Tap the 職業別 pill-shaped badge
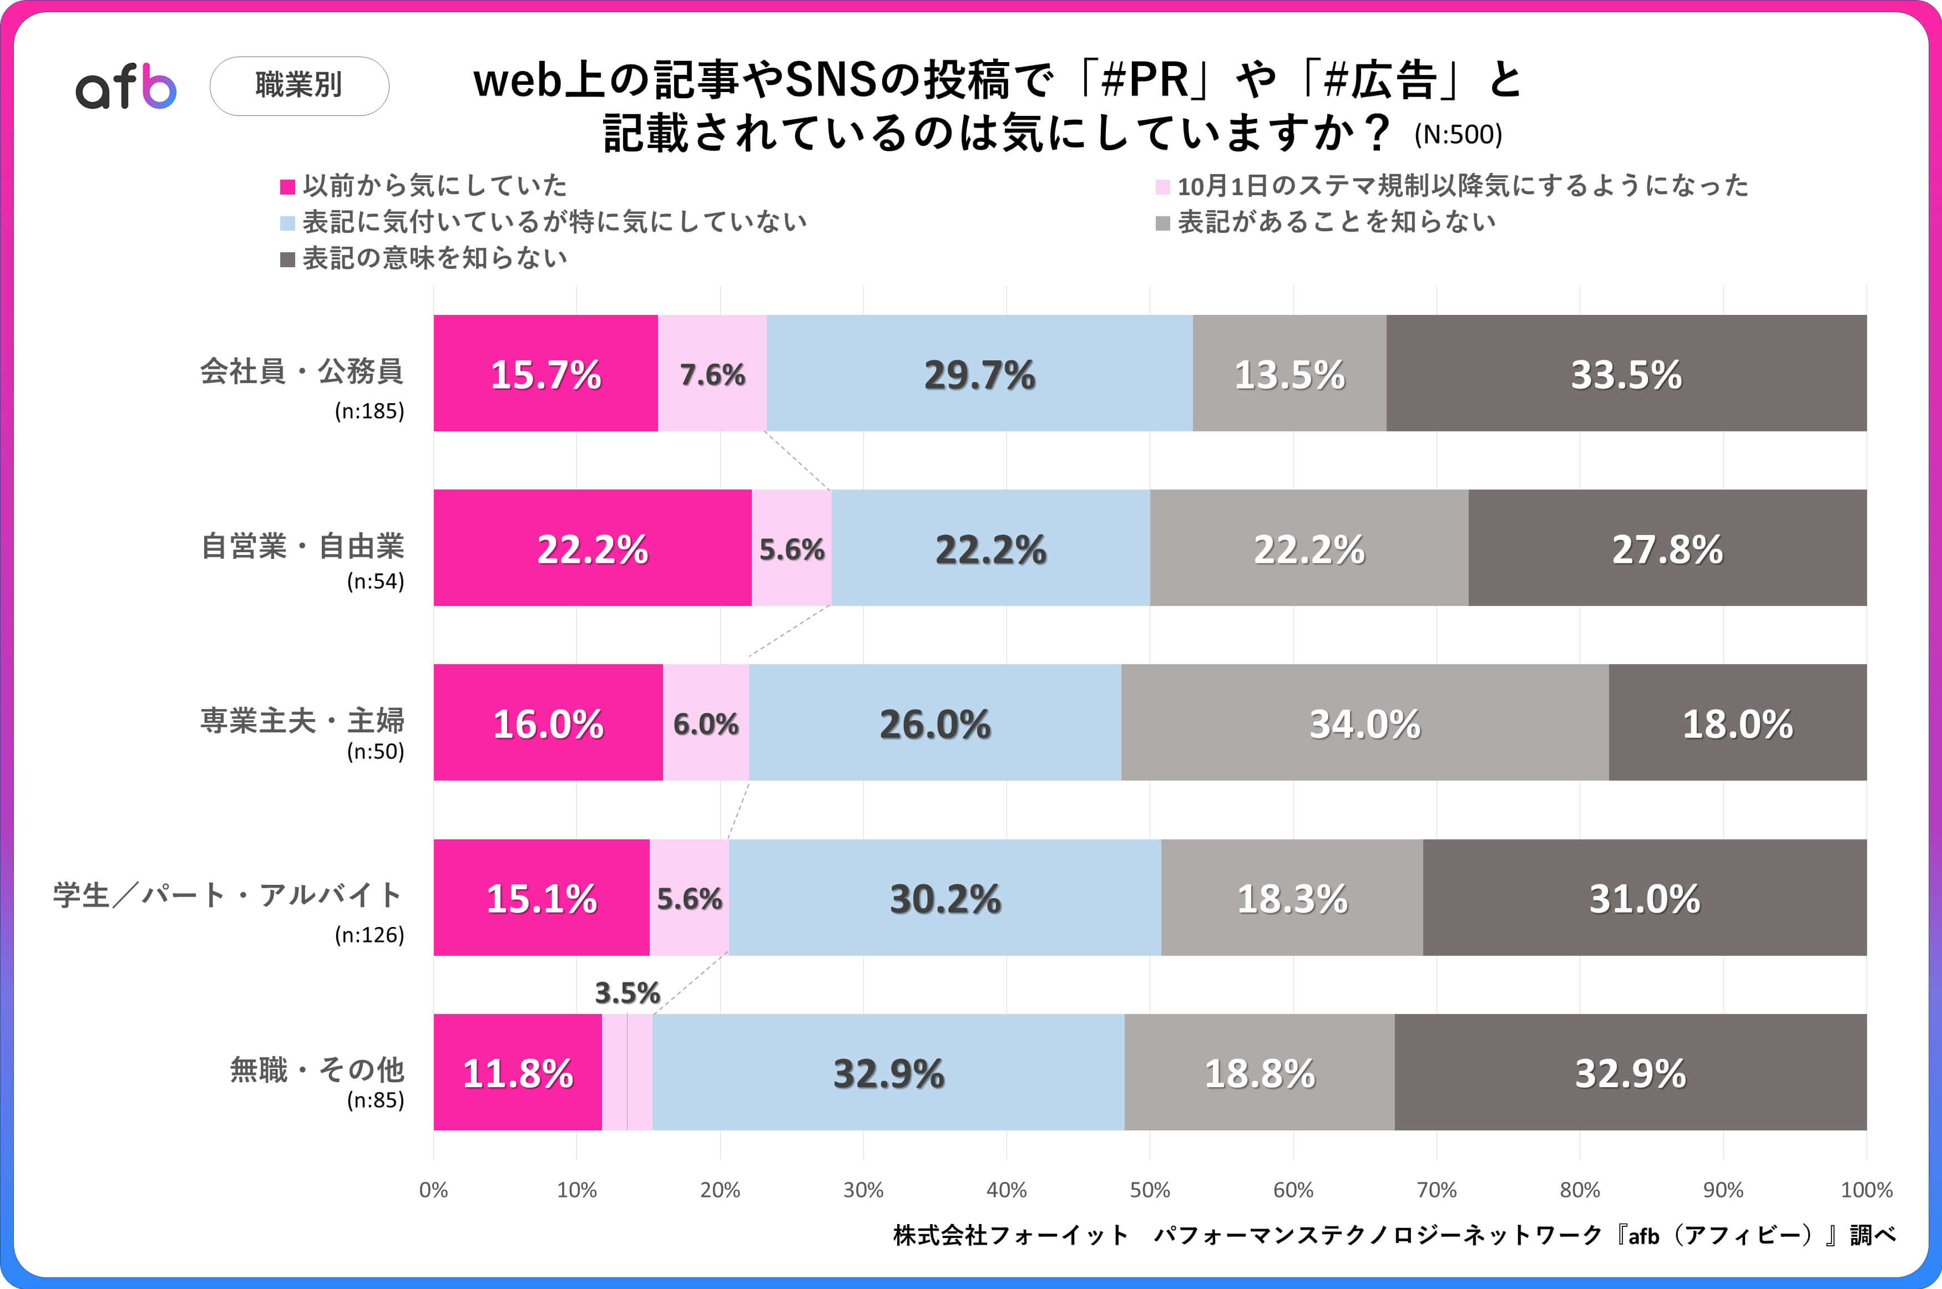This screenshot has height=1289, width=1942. pos(299,85)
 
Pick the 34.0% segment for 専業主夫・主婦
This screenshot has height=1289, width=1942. pos(1364,722)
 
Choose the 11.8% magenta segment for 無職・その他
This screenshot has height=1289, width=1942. pos(517,1072)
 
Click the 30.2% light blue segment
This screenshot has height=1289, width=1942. pos(944,898)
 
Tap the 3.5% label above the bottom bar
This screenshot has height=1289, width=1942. pos(627,993)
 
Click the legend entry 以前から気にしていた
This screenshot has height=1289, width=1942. pos(434,186)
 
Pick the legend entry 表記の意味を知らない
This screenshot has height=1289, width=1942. pos(434,259)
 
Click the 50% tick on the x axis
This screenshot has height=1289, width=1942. pos(1149,1190)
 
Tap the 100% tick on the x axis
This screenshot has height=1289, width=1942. pos(1865,1190)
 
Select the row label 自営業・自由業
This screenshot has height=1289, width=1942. pos(302,547)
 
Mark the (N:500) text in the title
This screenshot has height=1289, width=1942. pos(1458,135)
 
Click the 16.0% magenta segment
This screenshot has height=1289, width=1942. pos(548,722)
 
